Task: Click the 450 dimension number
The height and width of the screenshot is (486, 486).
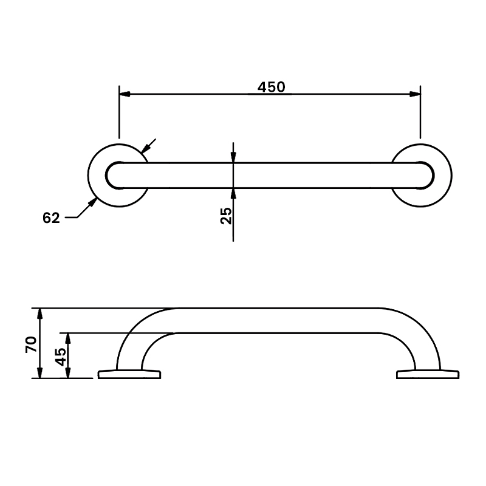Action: pyautogui.click(x=271, y=87)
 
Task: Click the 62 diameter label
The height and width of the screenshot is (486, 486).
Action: pyautogui.click(x=52, y=218)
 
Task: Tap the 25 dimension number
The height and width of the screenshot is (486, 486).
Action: pyautogui.click(x=226, y=216)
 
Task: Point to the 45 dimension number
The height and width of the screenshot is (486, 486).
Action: pyautogui.click(x=60, y=356)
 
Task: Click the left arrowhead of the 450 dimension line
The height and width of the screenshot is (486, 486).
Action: pyautogui.click(x=124, y=94)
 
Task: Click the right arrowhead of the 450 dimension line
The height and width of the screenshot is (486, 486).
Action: pyautogui.click(x=415, y=94)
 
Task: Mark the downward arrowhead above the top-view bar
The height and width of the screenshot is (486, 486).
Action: pyautogui.click(x=234, y=157)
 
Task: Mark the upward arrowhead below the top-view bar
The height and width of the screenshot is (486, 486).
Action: pyautogui.click(x=234, y=193)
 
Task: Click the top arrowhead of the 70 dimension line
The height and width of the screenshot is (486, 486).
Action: pyautogui.click(x=40, y=313)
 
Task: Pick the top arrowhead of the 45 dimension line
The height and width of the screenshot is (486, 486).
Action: pyautogui.click(x=68, y=337)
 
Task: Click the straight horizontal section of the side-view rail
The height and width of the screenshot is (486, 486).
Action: pyautogui.click(x=276, y=320)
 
